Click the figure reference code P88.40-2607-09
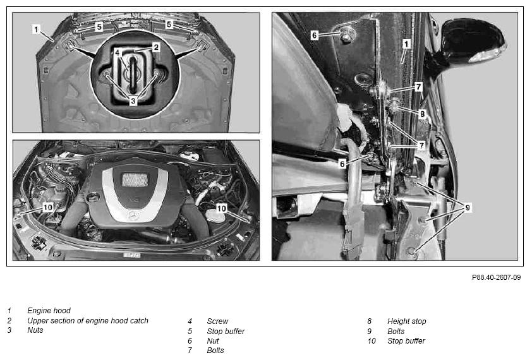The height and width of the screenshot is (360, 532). click(496, 277)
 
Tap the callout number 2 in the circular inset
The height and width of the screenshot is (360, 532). click(156, 47)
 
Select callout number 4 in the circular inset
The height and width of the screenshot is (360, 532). click(117, 52)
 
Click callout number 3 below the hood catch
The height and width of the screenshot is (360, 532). click(133, 101)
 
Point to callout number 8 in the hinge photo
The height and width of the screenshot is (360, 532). click(422, 114)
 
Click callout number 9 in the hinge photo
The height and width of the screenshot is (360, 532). click(468, 207)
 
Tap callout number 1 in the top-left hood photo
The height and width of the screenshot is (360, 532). click(36, 29)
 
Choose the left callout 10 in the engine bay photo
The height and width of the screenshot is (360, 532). click(48, 207)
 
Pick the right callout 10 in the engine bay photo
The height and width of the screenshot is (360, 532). click(221, 208)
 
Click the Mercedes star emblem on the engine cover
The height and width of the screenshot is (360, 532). click(131, 215)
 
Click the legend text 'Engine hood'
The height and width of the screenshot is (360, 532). click(49, 311)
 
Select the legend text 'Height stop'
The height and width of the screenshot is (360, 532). click(406, 321)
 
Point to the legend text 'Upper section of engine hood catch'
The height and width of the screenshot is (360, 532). click(88, 320)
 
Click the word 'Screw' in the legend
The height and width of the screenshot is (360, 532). click(217, 321)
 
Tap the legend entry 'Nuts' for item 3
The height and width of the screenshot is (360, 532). click(35, 330)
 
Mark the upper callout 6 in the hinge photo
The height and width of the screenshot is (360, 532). click(315, 35)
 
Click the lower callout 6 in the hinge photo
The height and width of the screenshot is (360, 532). click(342, 164)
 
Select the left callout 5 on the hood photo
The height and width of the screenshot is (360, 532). click(99, 27)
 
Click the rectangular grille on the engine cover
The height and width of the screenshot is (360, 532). click(135, 180)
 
